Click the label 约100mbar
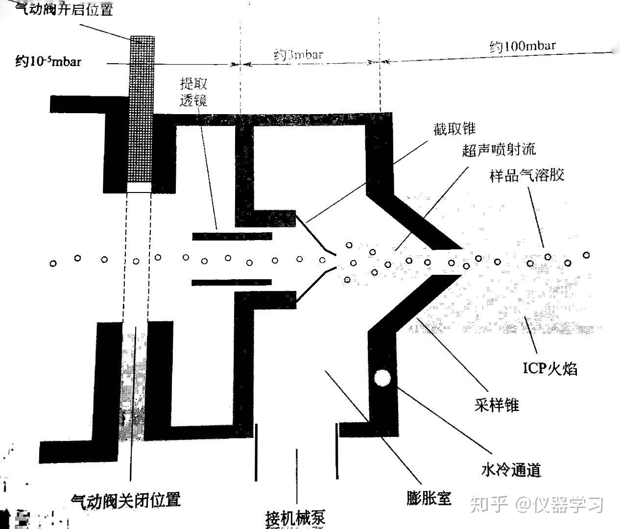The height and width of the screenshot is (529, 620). (523, 47)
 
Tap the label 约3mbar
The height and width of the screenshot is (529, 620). (298, 54)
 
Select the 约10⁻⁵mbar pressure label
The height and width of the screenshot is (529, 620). (48, 62)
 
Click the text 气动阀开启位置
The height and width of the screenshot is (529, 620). (64, 9)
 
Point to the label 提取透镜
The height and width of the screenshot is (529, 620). (193, 92)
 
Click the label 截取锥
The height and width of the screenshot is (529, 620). (454, 128)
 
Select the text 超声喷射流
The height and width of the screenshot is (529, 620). (499, 149)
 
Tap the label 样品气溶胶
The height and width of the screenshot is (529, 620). (527, 175)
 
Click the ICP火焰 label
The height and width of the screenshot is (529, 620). (550, 367)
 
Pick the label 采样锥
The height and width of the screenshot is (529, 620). (497, 405)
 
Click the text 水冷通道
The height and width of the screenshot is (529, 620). (511, 470)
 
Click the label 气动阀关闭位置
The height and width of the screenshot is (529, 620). (126, 500)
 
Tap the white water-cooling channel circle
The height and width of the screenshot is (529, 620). (382, 378)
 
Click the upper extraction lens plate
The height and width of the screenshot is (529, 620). (232, 236)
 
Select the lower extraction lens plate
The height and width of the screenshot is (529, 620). (231, 282)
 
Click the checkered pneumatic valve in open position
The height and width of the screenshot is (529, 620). (142, 110)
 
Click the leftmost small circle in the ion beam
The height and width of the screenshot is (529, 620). (53, 264)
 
